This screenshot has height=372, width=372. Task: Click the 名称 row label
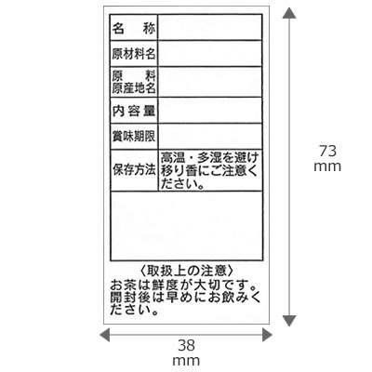[134, 29]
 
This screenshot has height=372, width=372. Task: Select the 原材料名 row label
[134, 54]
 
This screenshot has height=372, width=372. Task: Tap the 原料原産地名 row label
[134, 82]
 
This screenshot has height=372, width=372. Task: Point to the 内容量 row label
[134, 111]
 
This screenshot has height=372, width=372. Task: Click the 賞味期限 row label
[134, 137]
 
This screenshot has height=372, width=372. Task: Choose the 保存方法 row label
[134, 170]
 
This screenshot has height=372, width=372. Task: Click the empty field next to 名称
[210, 27]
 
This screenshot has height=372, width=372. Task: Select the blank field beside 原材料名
[210, 53]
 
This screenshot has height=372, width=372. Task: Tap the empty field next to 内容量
[210, 111]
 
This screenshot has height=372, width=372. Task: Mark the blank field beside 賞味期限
[210, 136]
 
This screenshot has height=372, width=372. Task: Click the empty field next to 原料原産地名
[210, 82]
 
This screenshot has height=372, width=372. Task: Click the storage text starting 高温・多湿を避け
[209, 171]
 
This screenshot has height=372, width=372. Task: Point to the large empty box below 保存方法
[187, 226]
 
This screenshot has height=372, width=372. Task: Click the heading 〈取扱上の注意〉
[186, 271]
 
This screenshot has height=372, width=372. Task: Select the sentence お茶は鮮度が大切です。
[183, 284]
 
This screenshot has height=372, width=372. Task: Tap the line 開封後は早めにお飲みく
[185, 298]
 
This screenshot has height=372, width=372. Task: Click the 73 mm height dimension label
[327, 159]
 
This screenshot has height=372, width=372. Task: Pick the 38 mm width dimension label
[186, 352]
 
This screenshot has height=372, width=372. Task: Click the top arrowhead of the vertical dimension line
[289, 13]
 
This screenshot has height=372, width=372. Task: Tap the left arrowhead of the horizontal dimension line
[104, 335]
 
